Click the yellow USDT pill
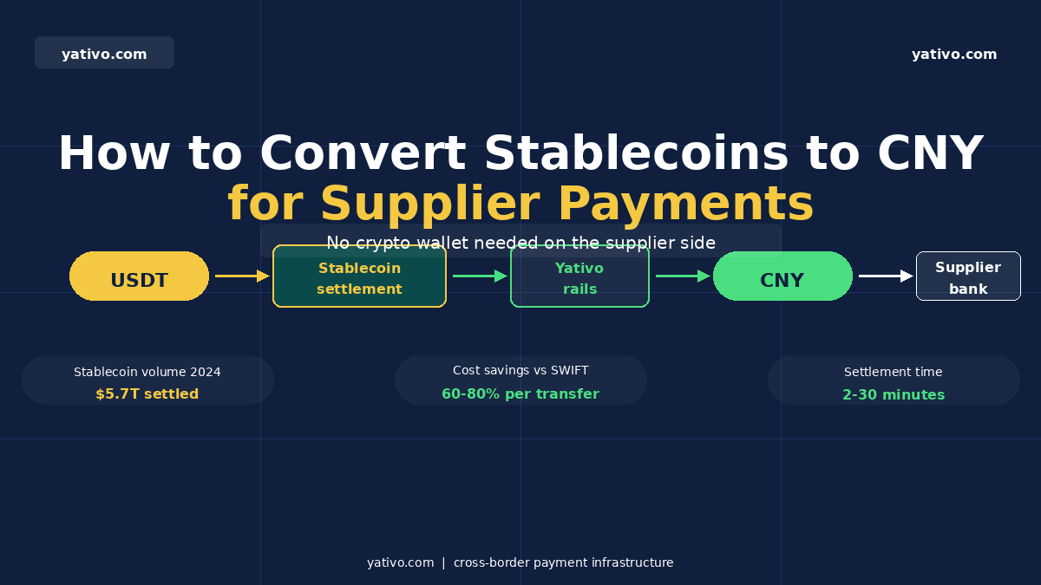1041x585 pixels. tap(139, 276)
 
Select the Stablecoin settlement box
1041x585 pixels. tap(359, 276)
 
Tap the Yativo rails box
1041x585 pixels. tap(579, 276)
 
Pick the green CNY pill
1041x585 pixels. tap(782, 276)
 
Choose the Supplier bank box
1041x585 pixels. tap(968, 276)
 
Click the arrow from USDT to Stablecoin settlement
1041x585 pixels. tap(242, 276)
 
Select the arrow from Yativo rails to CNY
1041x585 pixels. tap(682, 276)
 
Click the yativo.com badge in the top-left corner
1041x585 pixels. tap(104, 53)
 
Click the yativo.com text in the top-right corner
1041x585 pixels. tap(954, 55)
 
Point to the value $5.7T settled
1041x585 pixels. tap(147, 394)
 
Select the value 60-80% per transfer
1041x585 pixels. tap(520, 394)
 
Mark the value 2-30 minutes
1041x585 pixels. tap(894, 395)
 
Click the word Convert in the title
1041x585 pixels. tap(362, 154)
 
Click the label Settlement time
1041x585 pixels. tap(894, 372)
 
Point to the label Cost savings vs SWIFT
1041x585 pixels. tap(520, 371)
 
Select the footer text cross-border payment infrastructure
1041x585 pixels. tap(563, 562)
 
